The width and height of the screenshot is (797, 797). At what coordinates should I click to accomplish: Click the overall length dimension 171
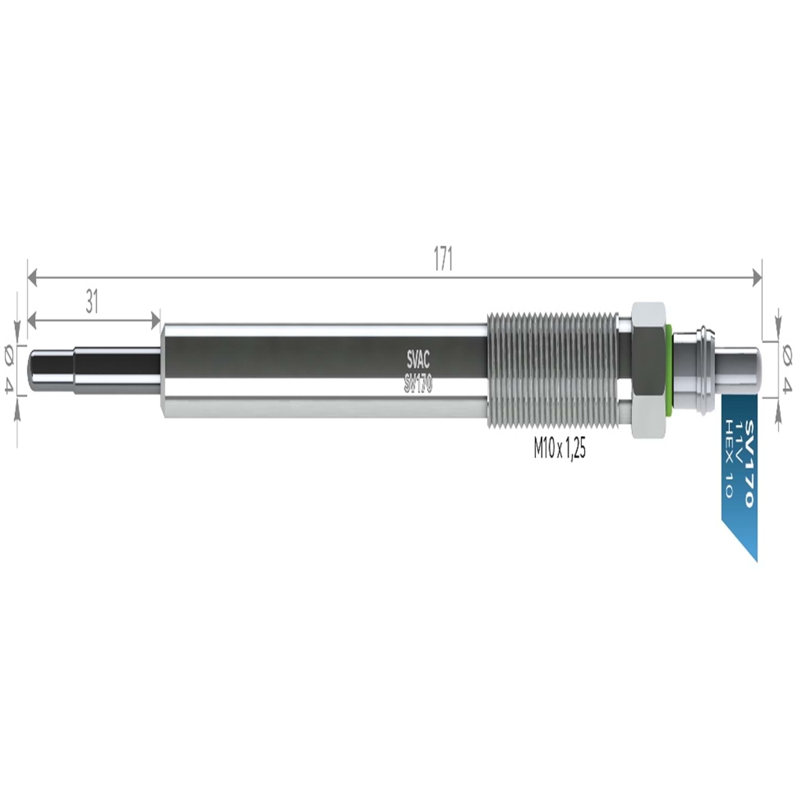(x=443, y=259)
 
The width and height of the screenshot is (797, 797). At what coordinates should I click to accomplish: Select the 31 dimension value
(x=92, y=302)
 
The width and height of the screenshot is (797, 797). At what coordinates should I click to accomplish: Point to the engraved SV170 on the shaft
(x=418, y=384)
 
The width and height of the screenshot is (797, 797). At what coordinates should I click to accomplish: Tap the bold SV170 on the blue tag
(x=749, y=463)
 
